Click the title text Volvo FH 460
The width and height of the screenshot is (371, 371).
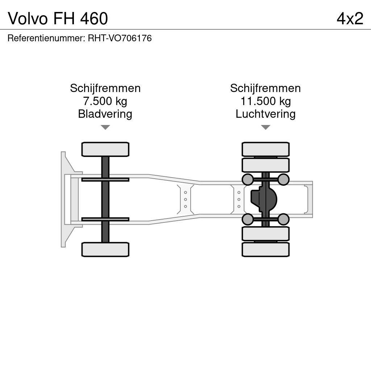[58, 18]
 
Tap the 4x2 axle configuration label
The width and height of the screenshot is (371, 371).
[350, 18]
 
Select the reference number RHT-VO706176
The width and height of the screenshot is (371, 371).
[120, 38]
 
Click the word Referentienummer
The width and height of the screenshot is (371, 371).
[46, 38]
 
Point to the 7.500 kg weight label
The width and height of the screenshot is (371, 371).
[105, 101]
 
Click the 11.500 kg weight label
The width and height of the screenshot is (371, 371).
[266, 101]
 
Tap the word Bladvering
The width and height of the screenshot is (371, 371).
[105, 114]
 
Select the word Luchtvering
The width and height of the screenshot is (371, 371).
[266, 114]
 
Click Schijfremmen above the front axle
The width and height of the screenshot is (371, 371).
[105, 88]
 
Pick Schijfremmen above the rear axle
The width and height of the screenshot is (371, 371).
[266, 88]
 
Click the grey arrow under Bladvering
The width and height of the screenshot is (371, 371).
[105, 127]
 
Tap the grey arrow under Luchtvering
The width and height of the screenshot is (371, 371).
[266, 127]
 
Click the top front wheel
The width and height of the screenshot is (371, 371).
[105, 149]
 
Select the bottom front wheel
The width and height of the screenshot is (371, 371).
[105, 250]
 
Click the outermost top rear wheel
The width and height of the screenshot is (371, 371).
[266, 149]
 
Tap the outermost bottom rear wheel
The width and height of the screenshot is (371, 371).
[266, 250]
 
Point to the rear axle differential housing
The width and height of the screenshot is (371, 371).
[264, 199]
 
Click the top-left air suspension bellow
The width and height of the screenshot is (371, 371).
[248, 180]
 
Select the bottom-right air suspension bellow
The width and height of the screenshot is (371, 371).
[283, 219]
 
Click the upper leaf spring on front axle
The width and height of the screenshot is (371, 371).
[105, 180]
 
